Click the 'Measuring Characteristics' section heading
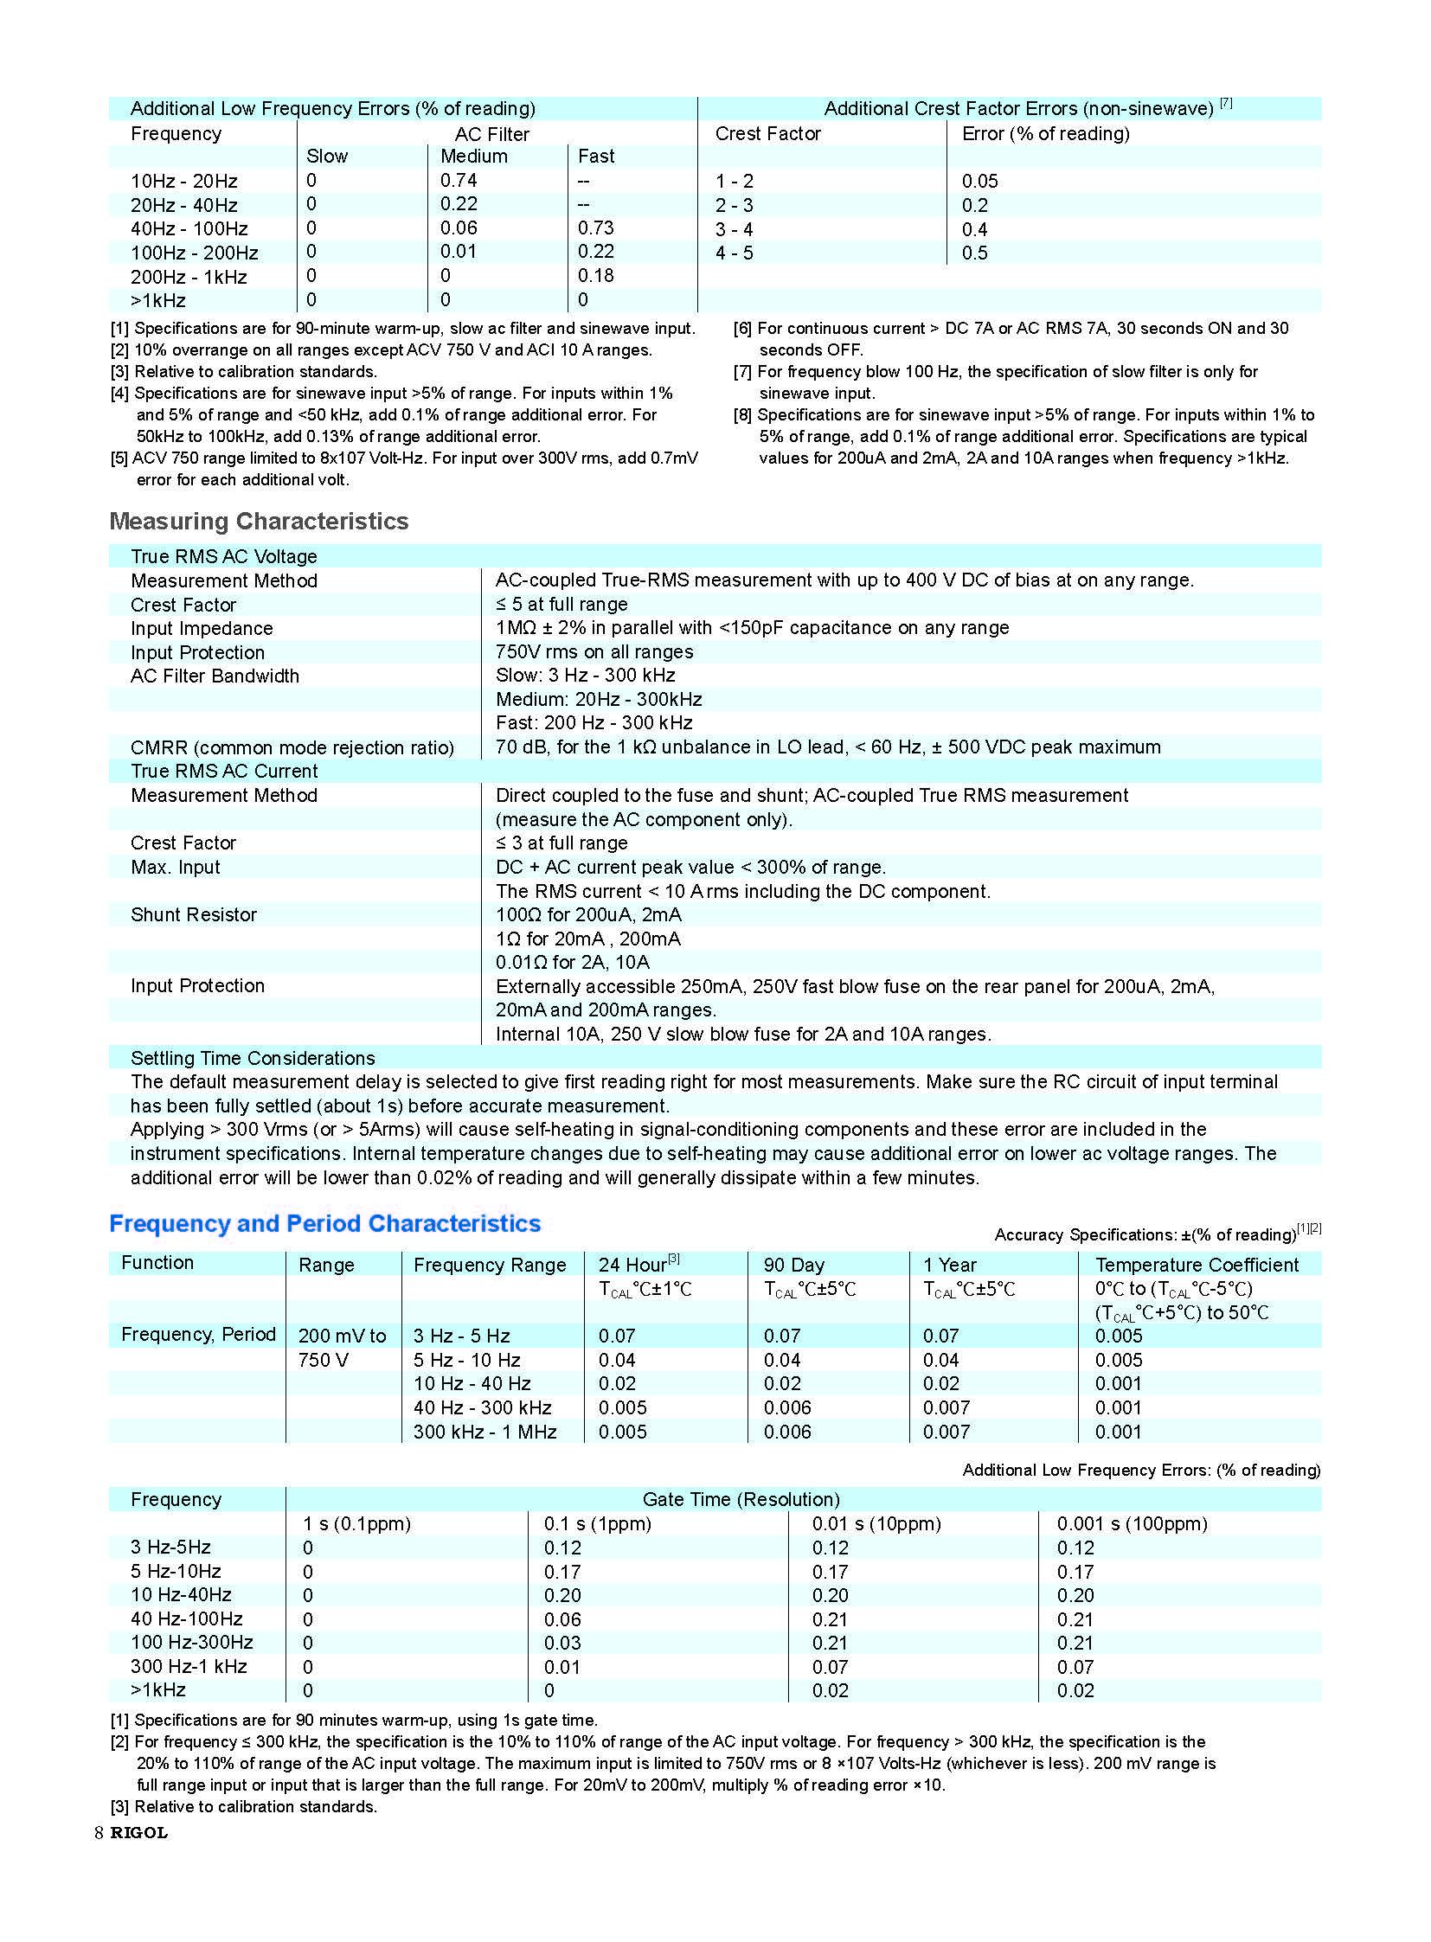click(258, 521)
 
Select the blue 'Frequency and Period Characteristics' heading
click(324, 1223)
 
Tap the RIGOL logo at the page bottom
click(138, 1832)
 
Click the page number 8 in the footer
click(99, 1832)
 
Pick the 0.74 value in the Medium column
click(459, 180)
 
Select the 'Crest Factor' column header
click(767, 133)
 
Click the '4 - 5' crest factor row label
click(734, 253)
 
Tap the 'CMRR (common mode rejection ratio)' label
click(292, 747)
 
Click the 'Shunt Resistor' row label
click(193, 914)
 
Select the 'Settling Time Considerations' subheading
click(252, 1058)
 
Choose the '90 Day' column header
click(793, 1265)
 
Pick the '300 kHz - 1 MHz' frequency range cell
click(484, 1432)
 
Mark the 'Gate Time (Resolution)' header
click(741, 1499)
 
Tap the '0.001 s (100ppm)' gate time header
click(1132, 1523)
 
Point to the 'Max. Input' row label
click(175, 867)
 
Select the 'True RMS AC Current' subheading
click(223, 771)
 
